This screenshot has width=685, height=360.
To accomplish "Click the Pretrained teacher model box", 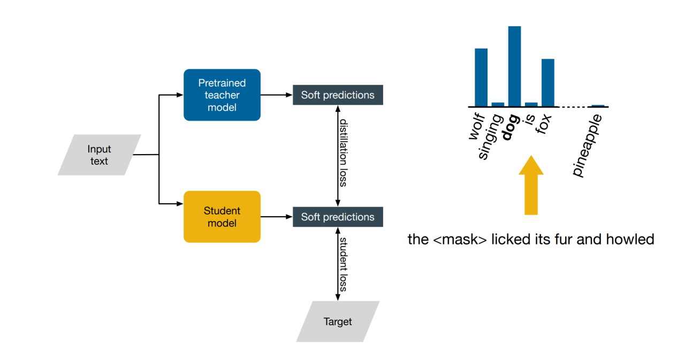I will tap(222, 95).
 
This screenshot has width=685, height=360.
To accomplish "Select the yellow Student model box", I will tap(222, 217).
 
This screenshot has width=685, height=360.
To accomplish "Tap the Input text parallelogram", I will tap(99, 155).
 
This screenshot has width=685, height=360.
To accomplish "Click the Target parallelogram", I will tap(338, 321).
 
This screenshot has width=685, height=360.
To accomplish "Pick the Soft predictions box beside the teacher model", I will tap(338, 95).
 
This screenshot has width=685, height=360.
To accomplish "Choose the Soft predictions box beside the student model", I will tap(338, 217).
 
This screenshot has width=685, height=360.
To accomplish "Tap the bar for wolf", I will tap(481, 78).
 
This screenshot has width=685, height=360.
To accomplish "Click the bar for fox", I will tap(547, 83).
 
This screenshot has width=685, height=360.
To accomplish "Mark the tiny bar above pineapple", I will tap(598, 105).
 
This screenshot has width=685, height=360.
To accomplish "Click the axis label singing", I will tap(491, 136).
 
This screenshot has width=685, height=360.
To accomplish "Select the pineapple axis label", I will tap(587, 145).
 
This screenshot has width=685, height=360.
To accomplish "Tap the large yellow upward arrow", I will tap(531, 185).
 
